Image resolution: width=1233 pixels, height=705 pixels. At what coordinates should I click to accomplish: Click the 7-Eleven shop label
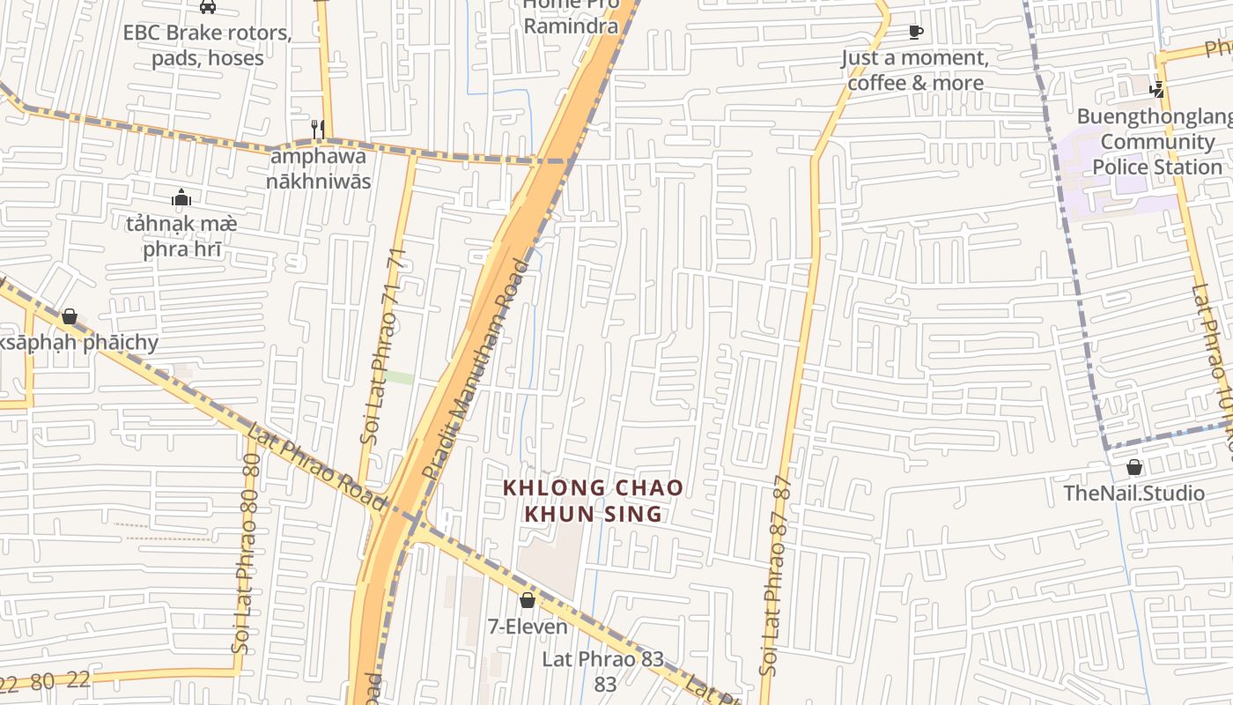[x=528, y=627]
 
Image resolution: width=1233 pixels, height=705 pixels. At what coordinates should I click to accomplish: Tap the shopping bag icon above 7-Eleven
[x=528, y=601]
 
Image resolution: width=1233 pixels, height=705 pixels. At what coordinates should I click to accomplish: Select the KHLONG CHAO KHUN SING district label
[x=593, y=501]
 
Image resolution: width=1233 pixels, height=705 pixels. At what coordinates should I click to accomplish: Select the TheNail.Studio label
[x=1133, y=493]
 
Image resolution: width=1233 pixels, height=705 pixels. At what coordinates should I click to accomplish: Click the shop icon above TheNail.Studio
[x=1134, y=467]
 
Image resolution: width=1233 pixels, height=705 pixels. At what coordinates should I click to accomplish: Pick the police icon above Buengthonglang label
[x=1157, y=89]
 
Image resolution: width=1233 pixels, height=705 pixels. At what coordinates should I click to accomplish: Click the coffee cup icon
[x=916, y=33]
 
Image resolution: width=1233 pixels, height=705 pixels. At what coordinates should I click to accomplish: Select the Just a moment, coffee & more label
[x=915, y=70]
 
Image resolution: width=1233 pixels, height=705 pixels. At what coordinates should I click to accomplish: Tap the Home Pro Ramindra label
[x=571, y=16]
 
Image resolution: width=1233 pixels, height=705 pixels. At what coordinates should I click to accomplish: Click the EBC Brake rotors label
[x=207, y=46]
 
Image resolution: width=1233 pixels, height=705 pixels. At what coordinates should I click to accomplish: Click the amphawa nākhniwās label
[x=320, y=169]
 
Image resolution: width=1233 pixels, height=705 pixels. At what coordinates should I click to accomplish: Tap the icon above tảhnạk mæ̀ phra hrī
[x=181, y=197]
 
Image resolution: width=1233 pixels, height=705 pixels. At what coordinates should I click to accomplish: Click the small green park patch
[x=399, y=377]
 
